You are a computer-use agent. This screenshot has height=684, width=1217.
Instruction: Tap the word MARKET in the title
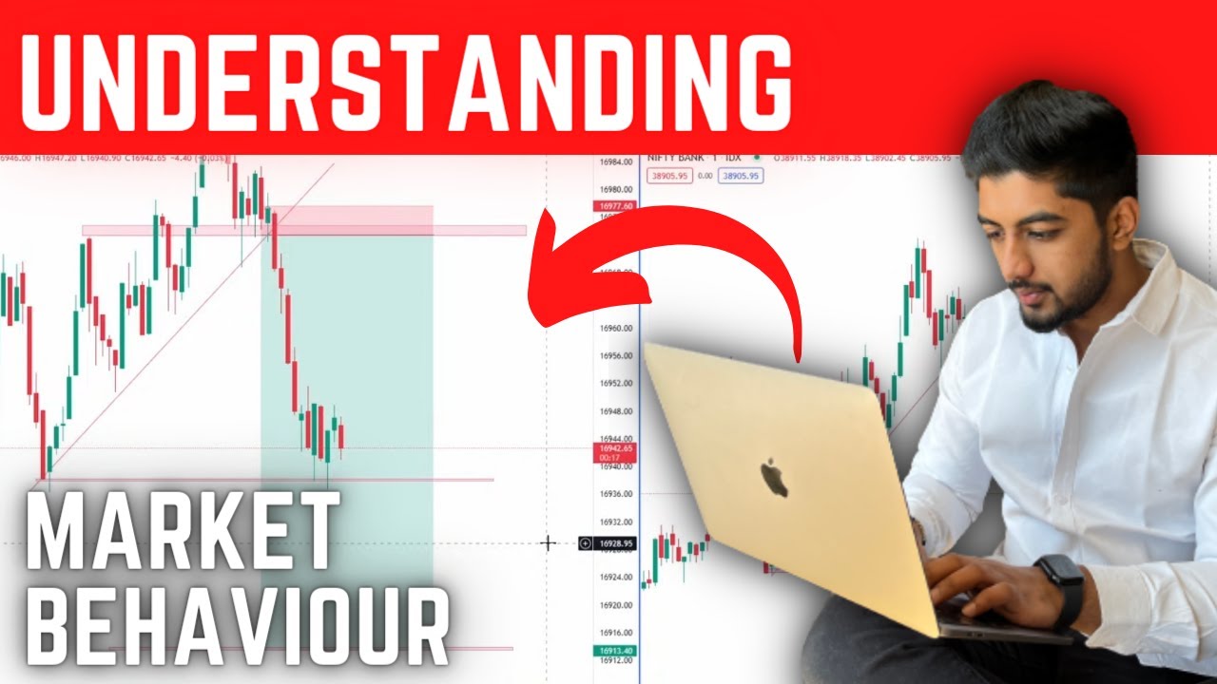[x=181, y=532]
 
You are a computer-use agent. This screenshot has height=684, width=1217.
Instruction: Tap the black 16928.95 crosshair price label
[x=614, y=544]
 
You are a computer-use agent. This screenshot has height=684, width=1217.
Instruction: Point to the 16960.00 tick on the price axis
[x=615, y=328]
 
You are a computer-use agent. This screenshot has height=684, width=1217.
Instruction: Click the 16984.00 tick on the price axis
[x=615, y=161]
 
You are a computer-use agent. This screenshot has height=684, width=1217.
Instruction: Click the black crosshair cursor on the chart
[x=549, y=543]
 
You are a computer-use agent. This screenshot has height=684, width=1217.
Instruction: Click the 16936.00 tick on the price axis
[x=615, y=494]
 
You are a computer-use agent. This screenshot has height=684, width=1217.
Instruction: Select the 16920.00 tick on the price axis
[x=615, y=605]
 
